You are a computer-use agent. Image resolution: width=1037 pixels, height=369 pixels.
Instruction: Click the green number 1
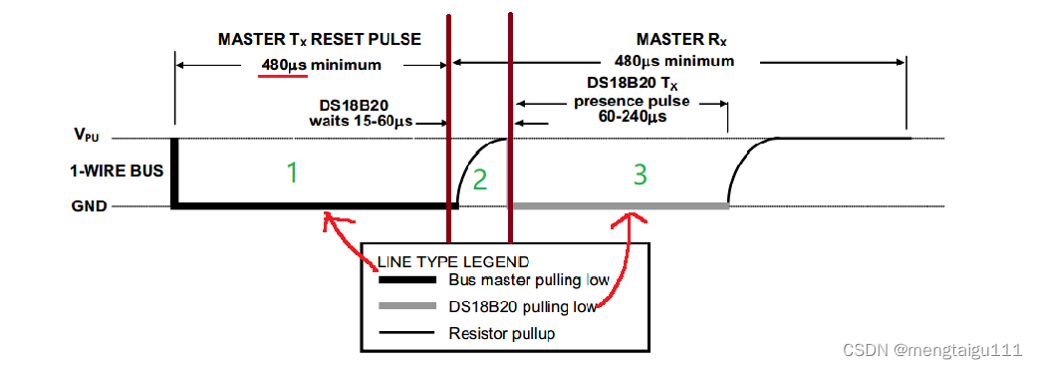click(291, 173)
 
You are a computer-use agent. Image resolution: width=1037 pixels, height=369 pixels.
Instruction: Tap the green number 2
click(481, 179)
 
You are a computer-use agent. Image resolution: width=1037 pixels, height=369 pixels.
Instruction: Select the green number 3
click(640, 175)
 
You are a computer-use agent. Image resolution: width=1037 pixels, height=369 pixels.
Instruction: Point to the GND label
click(89, 206)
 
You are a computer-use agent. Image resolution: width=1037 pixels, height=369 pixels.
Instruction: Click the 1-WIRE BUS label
click(117, 172)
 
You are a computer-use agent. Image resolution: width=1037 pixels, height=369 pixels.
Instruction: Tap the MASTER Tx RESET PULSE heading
click(320, 39)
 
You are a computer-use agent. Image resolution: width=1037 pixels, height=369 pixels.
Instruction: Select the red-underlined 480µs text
click(284, 65)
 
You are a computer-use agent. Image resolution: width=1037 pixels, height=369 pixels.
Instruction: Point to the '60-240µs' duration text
click(632, 118)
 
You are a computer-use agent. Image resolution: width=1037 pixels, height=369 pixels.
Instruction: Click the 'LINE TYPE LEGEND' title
click(453, 260)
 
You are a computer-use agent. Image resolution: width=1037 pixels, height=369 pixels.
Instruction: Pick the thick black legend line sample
click(407, 279)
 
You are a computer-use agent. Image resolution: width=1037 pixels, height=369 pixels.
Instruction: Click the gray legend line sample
click(407, 306)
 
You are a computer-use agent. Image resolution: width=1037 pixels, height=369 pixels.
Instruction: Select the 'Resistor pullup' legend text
click(501, 333)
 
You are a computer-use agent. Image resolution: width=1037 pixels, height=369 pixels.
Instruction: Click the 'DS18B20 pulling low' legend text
click(522, 306)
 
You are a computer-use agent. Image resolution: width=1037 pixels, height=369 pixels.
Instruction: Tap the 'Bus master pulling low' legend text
click(528, 279)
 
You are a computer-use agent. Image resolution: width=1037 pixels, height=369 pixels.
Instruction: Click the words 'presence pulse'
click(632, 102)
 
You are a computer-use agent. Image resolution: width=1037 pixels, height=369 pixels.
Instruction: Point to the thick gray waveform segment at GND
click(619, 206)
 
